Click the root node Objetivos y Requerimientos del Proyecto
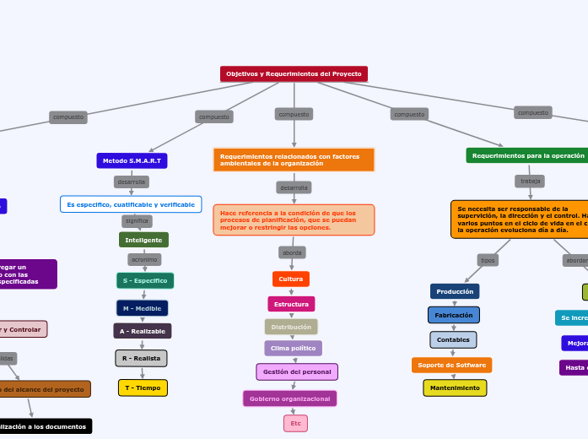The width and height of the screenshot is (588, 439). pyautogui.click(x=294, y=74)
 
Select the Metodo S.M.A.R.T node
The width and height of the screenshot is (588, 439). pyautogui.click(x=132, y=160)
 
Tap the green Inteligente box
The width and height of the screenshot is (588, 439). pyautogui.click(x=143, y=240)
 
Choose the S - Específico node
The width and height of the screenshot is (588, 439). pyautogui.click(x=145, y=280)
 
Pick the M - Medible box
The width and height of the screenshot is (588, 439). pyautogui.click(x=143, y=308)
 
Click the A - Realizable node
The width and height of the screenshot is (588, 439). pyautogui.click(x=143, y=331)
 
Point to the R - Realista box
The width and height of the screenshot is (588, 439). pyautogui.click(x=141, y=359)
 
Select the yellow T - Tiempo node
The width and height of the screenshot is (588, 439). pyautogui.click(x=143, y=388)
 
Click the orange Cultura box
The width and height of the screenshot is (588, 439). pyautogui.click(x=291, y=279)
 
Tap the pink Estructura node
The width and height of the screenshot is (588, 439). pyautogui.click(x=291, y=304)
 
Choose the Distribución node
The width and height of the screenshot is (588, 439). pyautogui.click(x=291, y=327)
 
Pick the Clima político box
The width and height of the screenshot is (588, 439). pyautogui.click(x=293, y=348)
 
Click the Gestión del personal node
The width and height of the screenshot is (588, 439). pyautogui.click(x=297, y=371)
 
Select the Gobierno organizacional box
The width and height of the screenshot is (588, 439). pyautogui.click(x=289, y=398)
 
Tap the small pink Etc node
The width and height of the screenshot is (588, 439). pyautogui.click(x=295, y=423)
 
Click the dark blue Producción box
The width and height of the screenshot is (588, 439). pyautogui.click(x=455, y=291)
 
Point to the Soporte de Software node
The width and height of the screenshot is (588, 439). pyautogui.click(x=452, y=365)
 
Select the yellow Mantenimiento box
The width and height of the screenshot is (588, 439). pyautogui.click(x=455, y=388)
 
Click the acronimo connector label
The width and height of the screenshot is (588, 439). pyautogui.click(x=144, y=260)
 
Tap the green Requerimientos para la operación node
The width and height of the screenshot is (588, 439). pyautogui.click(x=527, y=155)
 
